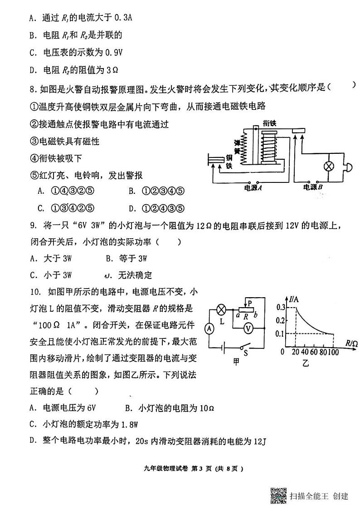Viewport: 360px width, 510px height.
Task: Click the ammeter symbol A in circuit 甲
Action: coord(209,328)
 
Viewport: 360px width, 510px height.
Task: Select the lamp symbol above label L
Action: coord(222,310)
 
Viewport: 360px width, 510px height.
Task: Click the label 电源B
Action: coord(313,186)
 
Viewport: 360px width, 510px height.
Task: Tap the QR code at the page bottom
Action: coord(278,495)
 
